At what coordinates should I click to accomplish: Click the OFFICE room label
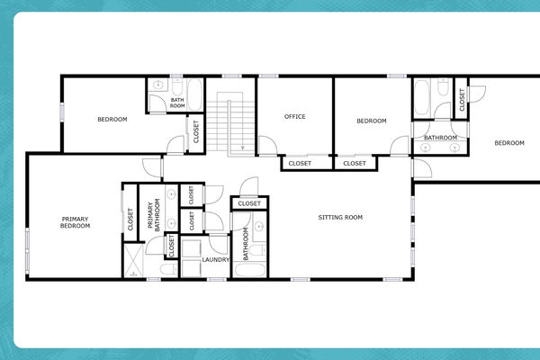coord(294,116)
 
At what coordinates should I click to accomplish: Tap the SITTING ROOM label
coord(341,217)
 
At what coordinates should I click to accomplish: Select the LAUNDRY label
coord(215,259)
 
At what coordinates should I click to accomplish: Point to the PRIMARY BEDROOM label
coord(76,221)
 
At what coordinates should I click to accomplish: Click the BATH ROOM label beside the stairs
coord(177,103)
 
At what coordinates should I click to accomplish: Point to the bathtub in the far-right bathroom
coord(438,90)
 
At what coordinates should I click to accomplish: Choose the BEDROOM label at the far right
coord(508,143)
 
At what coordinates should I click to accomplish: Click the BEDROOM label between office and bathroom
coord(371,121)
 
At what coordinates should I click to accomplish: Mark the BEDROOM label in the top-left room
coord(112,119)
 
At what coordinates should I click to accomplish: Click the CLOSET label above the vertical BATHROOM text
coord(249,203)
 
